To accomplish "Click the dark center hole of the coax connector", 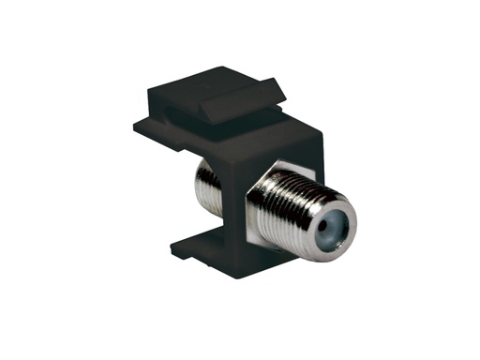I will point(327,223).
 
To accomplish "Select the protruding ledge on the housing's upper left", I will point(150,125).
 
